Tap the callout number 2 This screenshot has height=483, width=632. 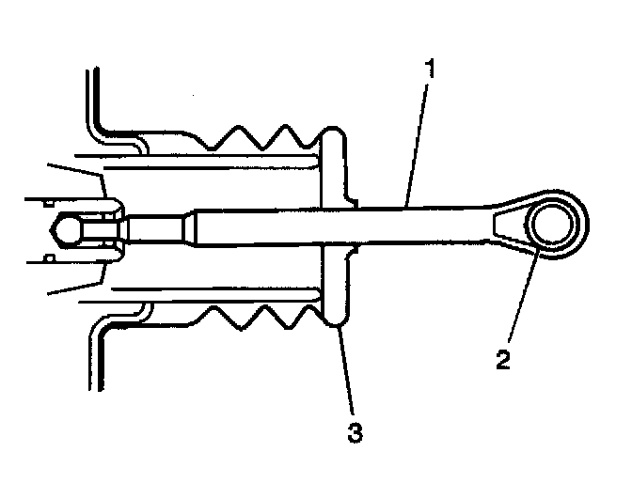[505, 360]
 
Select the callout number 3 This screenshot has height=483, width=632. [355, 432]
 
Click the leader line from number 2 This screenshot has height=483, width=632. [520, 301]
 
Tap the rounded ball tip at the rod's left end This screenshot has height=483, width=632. [63, 228]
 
